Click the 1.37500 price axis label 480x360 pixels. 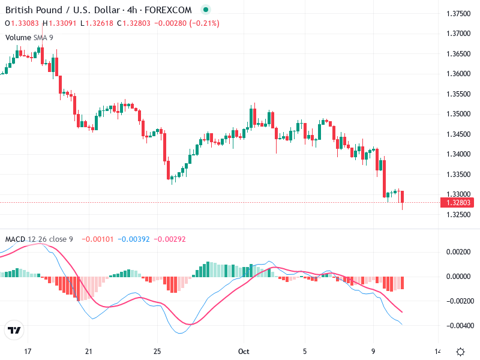tap(458, 13)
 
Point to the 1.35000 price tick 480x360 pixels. tap(458, 114)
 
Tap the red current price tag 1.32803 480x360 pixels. tap(458, 203)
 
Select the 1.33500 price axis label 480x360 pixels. tap(458, 175)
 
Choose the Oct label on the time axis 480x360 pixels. tap(244, 351)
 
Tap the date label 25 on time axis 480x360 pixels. tap(157, 351)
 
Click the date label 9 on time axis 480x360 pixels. tap(373, 351)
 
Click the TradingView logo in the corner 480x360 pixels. tap(14, 331)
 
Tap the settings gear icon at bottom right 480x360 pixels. tap(460, 352)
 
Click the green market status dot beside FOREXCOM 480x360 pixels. tap(206, 10)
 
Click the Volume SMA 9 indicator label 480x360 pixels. tap(29, 37)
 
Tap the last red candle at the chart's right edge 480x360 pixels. tap(403, 197)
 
